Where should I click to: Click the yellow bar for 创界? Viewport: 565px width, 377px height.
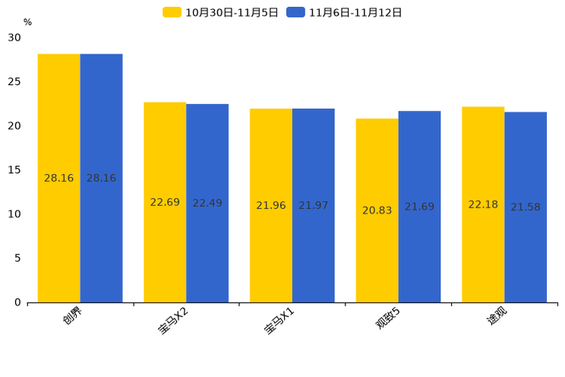point(58,178)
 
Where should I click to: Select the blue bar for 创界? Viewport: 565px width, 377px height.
point(101,178)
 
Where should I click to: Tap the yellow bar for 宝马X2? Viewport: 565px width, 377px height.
point(165,202)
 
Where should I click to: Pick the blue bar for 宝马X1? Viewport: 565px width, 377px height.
point(313,206)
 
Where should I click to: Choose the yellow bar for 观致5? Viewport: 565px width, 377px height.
point(377,211)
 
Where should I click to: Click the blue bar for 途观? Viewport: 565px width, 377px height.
point(526,208)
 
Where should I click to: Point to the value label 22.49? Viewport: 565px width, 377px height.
point(207,203)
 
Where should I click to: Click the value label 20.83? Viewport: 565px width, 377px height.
point(377,211)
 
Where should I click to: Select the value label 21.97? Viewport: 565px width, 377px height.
point(313,205)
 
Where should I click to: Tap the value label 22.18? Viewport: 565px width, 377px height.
point(483,204)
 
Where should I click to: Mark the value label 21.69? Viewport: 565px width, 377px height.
point(419,207)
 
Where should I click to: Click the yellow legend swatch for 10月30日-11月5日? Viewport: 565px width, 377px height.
point(172,12)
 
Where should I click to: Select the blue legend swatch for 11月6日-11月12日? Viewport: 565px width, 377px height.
point(295,12)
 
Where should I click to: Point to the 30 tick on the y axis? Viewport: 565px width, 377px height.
point(14,37)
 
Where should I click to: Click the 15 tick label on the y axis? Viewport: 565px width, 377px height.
point(14,170)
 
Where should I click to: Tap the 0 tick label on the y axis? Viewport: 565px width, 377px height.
point(17,303)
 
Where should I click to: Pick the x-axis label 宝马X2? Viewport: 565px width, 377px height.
point(173,321)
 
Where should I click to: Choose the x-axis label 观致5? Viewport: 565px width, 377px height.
point(387,318)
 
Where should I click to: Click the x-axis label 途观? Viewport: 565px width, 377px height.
point(497,315)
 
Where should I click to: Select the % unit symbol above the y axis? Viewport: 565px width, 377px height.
point(28,22)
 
